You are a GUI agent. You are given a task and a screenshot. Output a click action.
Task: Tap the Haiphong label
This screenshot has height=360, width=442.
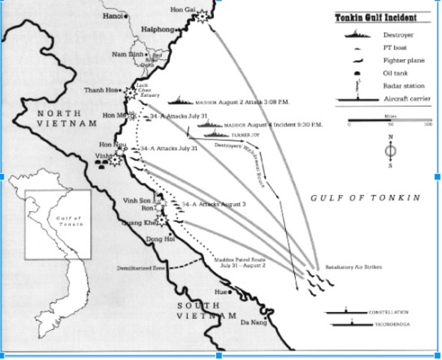156,31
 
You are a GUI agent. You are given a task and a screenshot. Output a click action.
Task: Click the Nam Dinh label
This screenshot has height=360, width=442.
126,55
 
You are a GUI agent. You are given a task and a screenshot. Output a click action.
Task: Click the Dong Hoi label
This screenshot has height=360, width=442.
156,239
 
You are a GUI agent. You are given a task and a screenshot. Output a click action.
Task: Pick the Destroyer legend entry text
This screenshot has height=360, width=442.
398,34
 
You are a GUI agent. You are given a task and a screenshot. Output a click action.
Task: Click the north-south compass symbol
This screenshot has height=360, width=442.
390,151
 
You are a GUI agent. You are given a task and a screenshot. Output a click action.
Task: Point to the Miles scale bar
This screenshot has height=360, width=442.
390,121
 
